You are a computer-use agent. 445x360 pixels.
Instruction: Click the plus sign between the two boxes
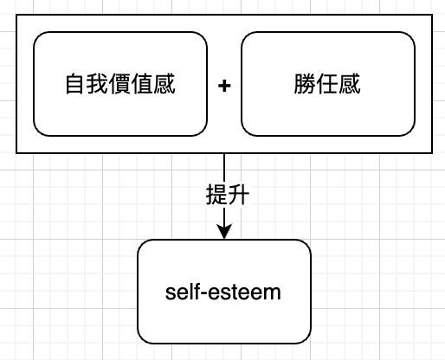coord(224,86)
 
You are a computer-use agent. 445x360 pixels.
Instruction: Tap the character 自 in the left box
coord(76,84)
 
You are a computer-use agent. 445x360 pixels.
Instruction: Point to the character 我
coord(98,84)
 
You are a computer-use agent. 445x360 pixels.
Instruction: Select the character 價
coord(120,84)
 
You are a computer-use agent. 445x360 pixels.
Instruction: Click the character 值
coord(142,84)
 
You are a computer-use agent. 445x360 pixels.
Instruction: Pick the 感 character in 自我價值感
coord(164,84)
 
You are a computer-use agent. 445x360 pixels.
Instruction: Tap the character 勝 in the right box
coord(305,84)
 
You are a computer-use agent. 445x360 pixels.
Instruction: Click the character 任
coord(327,84)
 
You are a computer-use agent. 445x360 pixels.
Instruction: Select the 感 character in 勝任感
coord(350,84)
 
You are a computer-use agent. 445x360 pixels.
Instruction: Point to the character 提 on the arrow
coord(216,195)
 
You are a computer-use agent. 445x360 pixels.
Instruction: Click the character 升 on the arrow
coord(238,195)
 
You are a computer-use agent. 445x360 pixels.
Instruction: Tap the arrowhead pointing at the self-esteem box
coord(224,231)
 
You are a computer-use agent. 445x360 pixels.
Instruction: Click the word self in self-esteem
coord(182,292)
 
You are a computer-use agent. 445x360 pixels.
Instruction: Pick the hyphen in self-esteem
coord(203,294)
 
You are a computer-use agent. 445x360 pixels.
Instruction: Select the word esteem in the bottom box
coord(244,292)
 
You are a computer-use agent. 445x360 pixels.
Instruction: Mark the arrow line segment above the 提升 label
coord(224,169)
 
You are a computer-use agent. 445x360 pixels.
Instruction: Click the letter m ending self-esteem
coord(273,293)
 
